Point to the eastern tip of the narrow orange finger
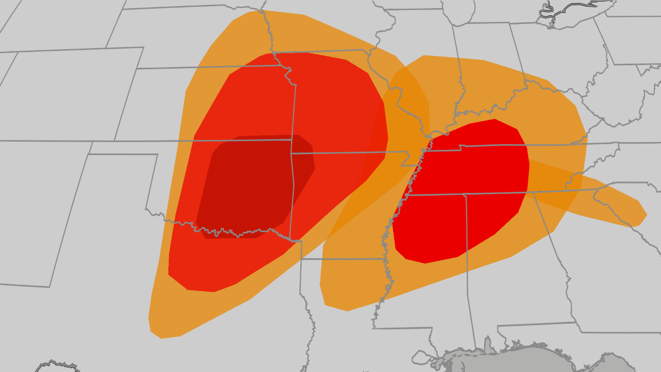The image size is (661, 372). [646, 214]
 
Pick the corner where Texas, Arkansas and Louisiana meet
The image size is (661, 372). [301, 259]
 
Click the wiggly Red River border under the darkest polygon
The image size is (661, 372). [232, 232]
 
